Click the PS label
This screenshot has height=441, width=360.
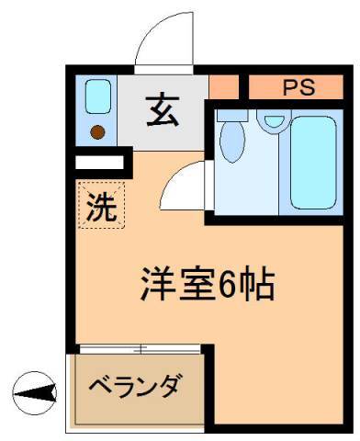pyautogui.click(x=298, y=88)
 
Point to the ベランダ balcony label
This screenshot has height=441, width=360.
pyautogui.click(x=134, y=385)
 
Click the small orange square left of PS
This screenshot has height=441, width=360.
pyautogui.click(x=222, y=87)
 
